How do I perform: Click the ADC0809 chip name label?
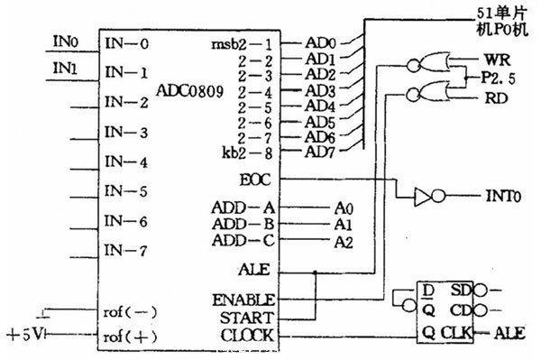click(189, 90)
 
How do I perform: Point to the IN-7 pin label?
click(126, 250)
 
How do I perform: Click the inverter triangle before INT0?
click(421, 195)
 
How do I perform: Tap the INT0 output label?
click(484, 196)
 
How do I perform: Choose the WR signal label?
click(486, 59)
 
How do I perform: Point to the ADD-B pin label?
click(240, 223)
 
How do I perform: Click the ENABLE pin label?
click(245, 299)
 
